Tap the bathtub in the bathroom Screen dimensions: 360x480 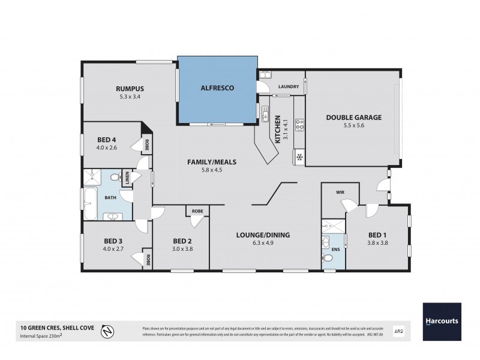90,205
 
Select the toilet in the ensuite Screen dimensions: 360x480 327,259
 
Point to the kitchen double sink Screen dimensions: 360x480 265,112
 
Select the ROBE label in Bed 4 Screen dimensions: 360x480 145,145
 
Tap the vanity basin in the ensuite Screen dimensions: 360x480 326,243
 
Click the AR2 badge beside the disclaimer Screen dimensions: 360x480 397,329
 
